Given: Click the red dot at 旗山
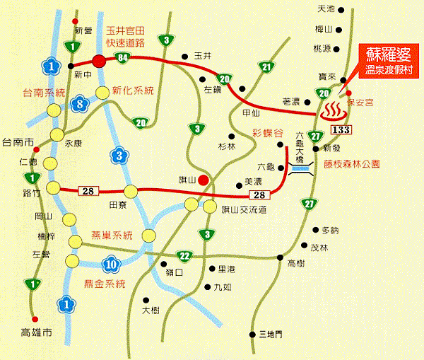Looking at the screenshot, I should click(x=203, y=180).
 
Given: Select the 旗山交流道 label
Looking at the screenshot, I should click(x=244, y=209).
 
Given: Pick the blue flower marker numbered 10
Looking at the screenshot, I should click(x=110, y=266).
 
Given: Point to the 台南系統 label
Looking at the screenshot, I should click(x=43, y=93).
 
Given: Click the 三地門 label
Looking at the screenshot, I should click(x=270, y=334).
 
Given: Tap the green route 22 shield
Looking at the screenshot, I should click(x=184, y=255).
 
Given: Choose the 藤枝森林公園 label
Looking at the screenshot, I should click(x=352, y=163).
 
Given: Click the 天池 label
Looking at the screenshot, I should click(x=326, y=9).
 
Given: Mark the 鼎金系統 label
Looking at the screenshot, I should click(x=104, y=284).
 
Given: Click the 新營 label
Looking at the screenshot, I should click(x=83, y=30).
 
